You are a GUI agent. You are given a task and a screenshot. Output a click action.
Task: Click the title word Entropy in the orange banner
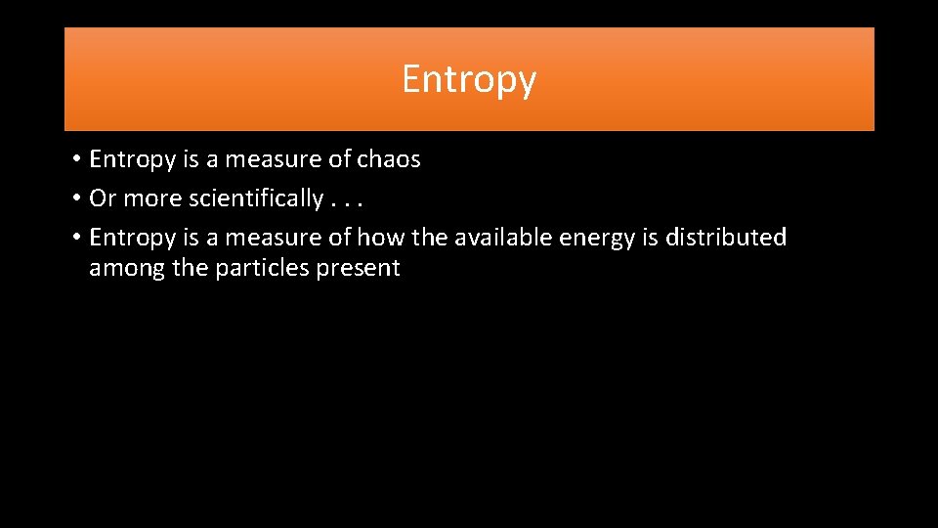click(469, 80)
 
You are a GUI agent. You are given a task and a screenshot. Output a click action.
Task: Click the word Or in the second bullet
click(102, 198)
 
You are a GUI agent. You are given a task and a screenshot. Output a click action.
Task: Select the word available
click(507, 238)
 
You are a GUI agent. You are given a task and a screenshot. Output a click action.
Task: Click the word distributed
click(726, 238)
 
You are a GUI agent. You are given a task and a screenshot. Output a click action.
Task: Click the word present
click(358, 269)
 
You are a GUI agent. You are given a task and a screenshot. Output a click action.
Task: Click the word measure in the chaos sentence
click(265, 159)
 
